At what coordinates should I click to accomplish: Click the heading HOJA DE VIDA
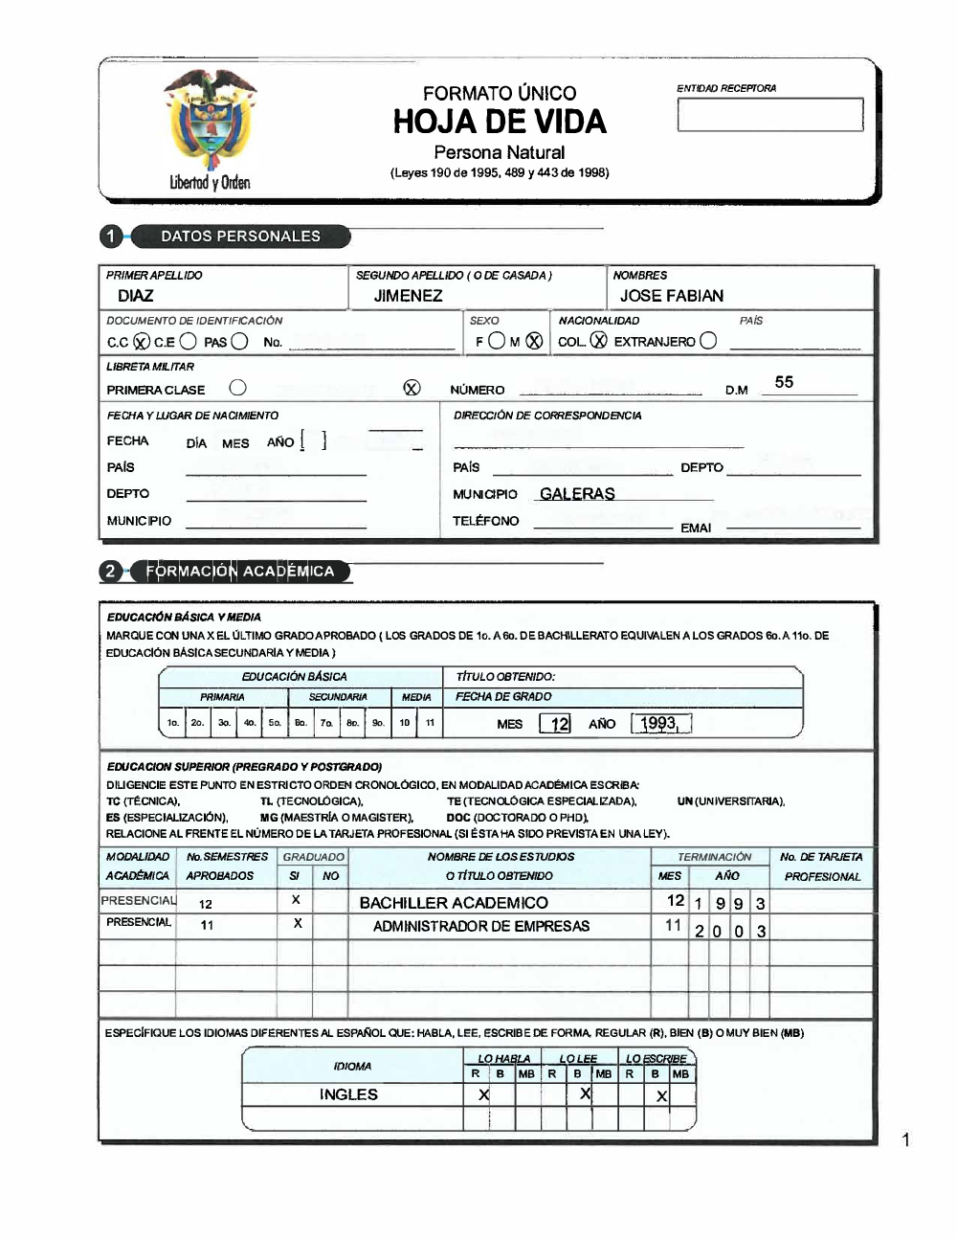coord(500,122)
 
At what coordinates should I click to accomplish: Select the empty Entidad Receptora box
coord(769,115)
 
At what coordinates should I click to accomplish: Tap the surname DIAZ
coord(136,296)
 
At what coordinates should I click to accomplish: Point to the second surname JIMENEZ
coord(408,296)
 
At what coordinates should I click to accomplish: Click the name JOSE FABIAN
coord(671,296)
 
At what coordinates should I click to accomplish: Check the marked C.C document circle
coord(141,342)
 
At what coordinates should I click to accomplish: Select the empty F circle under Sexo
coord(497,341)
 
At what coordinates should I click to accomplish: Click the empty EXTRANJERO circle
coord(708,341)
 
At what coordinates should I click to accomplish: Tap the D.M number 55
coord(784,382)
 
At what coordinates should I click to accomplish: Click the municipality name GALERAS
coord(577,494)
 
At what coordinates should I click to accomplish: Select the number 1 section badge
coord(112,237)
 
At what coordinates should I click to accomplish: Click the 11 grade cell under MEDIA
coord(430,723)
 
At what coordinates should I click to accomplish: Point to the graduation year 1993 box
coord(660,724)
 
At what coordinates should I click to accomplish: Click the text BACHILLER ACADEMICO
coord(454,903)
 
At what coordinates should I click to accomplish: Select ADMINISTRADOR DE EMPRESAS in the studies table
coord(481,926)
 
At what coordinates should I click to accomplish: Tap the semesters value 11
coord(207,926)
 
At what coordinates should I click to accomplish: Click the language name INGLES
coord(348,1094)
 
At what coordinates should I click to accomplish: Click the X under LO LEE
coord(585,1093)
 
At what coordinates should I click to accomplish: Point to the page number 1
coord(905,1139)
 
